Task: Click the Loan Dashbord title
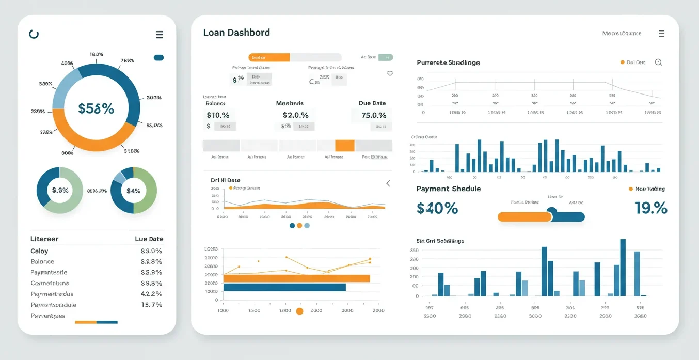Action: pos(236,33)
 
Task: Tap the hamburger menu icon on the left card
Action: pos(160,35)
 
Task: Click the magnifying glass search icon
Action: pos(658,62)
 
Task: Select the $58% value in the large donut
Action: pos(96,108)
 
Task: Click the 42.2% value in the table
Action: pos(151,294)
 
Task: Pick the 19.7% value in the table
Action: pos(151,305)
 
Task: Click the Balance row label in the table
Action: pos(42,262)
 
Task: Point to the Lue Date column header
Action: pos(149,239)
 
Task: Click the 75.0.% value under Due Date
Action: pos(374,115)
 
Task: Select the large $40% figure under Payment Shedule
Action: pos(437,208)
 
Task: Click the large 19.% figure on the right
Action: pos(650,208)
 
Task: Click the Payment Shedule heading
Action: pos(448,189)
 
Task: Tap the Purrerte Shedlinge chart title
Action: pos(448,62)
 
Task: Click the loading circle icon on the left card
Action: pos(34,34)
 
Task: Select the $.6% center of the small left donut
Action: pos(60,190)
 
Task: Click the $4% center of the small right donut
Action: pos(133,191)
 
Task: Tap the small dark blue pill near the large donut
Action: pos(158,58)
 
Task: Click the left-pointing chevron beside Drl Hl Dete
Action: pos(388,183)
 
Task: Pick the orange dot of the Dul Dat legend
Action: pos(622,62)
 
